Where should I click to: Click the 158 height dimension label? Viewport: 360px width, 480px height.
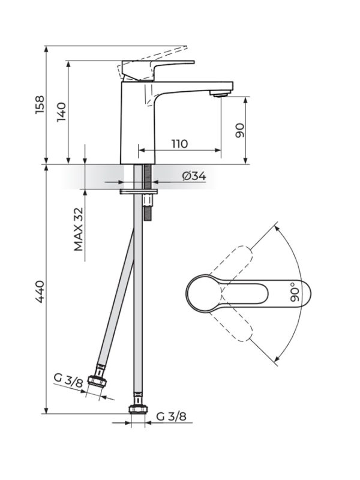[x=40, y=105]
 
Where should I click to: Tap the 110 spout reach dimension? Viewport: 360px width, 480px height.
[x=179, y=144]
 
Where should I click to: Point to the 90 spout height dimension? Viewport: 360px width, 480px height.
[x=239, y=129]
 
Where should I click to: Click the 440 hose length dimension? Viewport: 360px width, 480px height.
[x=40, y=291]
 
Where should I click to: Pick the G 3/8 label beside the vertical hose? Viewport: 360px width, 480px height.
[x=171, y=416]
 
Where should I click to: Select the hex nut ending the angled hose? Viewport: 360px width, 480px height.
[x=96, y=382]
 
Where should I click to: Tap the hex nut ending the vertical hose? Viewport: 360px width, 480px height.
[x=137, y=410]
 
